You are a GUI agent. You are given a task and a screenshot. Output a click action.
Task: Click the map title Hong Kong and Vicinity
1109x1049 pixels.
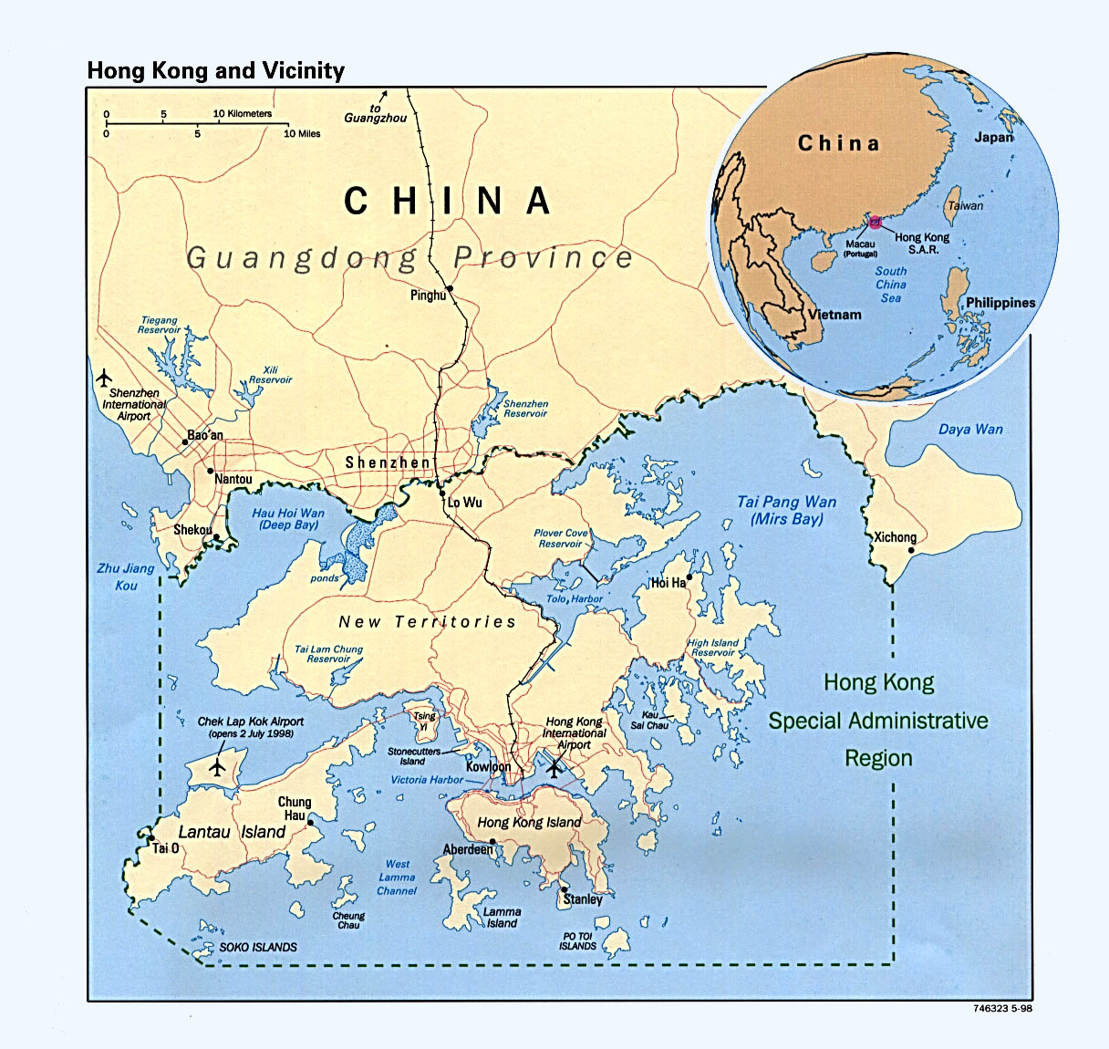(215, 71)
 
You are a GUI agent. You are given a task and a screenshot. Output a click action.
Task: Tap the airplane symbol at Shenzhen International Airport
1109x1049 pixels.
(104, 376)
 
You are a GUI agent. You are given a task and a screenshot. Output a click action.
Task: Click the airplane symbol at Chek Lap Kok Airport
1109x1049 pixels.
(216, 767)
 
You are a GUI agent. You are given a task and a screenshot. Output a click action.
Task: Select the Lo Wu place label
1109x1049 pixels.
(464, 503)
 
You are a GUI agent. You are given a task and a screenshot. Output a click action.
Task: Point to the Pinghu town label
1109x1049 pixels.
(428, 296)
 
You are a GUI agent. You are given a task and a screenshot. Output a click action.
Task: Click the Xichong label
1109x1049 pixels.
(895, 537)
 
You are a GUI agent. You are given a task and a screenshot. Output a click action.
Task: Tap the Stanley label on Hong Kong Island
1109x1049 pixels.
(583, 899)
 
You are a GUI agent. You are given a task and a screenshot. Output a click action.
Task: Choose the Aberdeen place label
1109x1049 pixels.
(468, 849)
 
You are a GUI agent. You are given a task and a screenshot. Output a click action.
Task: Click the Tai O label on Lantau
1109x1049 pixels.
(165, 848)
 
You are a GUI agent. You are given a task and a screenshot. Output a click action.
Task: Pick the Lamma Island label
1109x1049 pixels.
(502, 917)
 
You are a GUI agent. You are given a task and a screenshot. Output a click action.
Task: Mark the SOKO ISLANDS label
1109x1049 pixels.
(258, 947)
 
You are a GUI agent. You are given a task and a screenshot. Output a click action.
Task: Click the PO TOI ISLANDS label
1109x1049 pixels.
(577, 940)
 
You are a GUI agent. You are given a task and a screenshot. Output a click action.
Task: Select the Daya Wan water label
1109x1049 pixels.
(970, 429)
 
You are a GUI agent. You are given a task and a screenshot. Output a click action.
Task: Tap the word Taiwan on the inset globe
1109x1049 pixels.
(966, 206)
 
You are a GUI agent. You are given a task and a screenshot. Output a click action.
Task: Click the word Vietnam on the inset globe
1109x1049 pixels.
(834, 315)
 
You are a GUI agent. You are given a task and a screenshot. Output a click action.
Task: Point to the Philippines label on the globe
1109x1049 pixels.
(1000, 303)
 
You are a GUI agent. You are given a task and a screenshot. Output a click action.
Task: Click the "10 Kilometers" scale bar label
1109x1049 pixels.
(243, 114)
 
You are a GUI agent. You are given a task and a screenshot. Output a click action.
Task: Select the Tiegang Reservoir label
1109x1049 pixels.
(159, 325)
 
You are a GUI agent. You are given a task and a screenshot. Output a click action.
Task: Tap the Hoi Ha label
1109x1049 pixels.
(668, 583)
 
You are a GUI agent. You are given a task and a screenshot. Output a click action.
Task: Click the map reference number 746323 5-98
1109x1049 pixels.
(1002, 1009)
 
